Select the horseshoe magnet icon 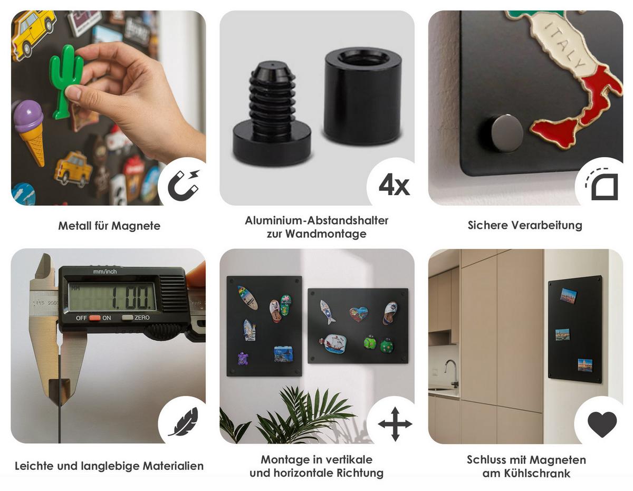click(184, 185)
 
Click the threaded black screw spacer click(272, 113)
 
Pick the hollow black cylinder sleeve click(363, 96)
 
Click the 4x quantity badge click(394, 185)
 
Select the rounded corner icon click(602, 185)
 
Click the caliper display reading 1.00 click(112, 297)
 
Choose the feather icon click(184, 422)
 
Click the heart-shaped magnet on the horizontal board click(359, 314)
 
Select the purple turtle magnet click(243, 359)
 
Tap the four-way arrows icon click(395, 424)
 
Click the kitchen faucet click(451, 373)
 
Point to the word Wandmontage click(325, 234)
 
